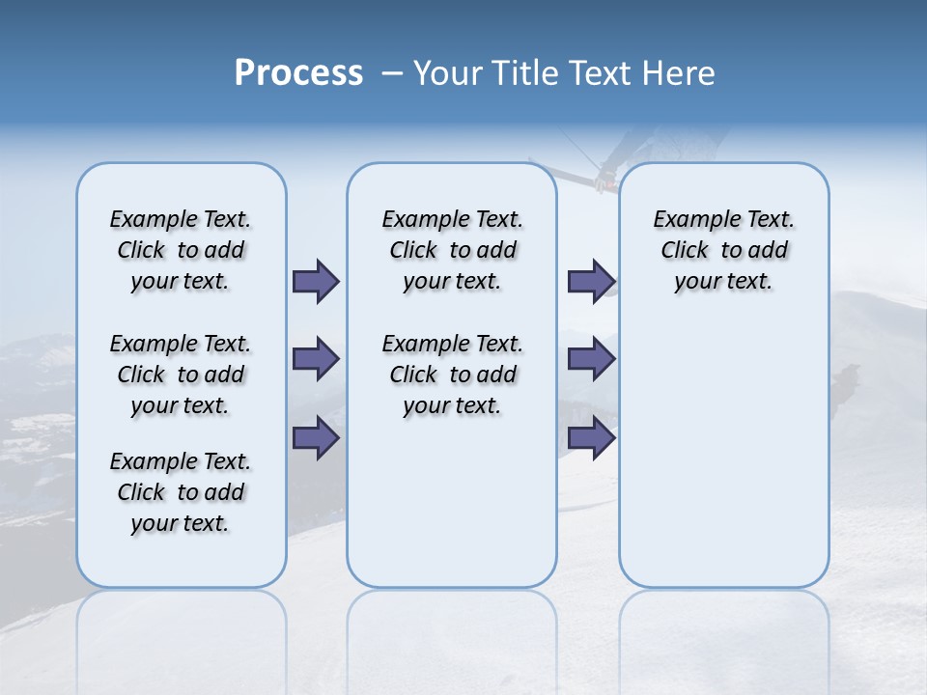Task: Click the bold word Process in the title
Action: click(x=298, y=73)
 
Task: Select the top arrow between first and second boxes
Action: click(x=316, y=281)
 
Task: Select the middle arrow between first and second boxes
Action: click(x=316, y=359)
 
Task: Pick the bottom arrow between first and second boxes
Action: click(x=316, y=438)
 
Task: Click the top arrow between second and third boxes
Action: click(x=591, y=281)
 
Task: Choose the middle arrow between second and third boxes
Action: click(x=591, y=359)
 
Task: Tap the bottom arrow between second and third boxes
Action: click(x=591, y=438)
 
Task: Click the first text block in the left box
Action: click(x=181, y=250)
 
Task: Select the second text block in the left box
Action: click(x=181, y=375)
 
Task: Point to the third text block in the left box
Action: click(x=181, y=492)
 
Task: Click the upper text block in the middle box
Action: click(x=452, y=250)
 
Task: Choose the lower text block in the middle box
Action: click(x=452, y=375)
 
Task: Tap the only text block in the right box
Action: click(x=723, y=250)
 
